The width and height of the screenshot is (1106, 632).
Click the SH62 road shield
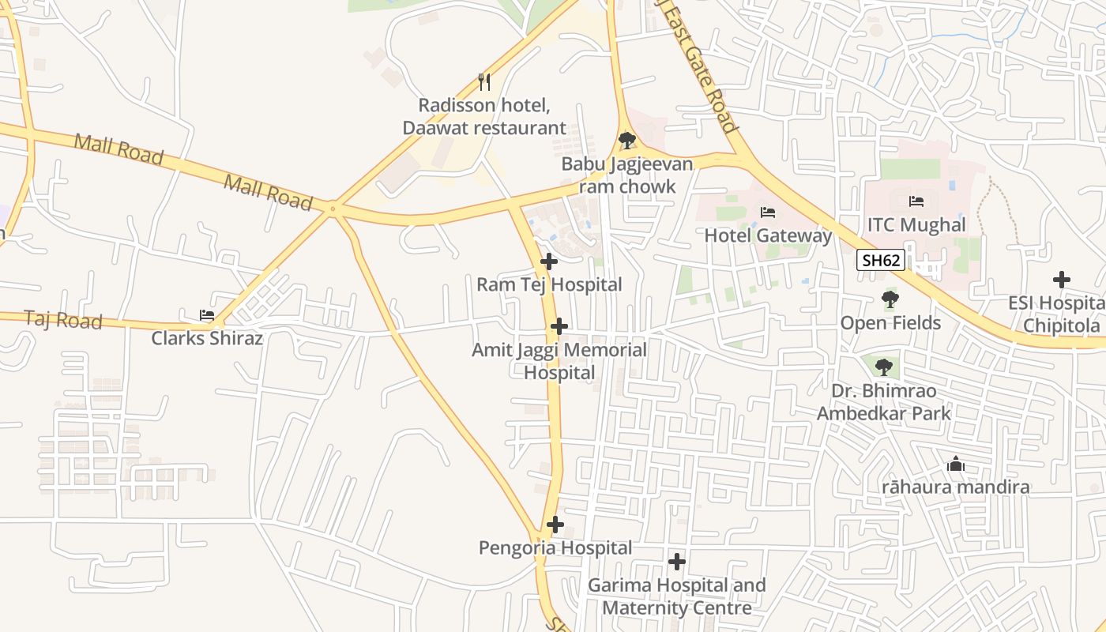[881, 260]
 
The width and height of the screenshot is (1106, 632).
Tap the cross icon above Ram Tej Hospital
[549, 261]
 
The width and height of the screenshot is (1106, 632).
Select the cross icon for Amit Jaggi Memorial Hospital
[559, 326]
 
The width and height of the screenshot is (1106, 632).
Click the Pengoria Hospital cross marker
[555, 525]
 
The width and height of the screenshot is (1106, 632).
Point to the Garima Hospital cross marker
[677, 562]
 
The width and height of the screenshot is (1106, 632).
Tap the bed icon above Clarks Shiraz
[207, 314]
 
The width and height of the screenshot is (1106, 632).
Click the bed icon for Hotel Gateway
[767, 212]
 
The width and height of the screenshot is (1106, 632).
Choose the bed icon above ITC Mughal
[916, 201]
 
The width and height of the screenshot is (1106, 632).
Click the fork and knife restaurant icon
[484, 81]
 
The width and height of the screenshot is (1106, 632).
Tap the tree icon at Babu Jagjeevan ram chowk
[627, 141]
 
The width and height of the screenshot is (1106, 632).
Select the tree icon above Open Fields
[890, 299]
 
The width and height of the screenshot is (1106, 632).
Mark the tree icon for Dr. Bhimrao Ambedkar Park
[884, 367]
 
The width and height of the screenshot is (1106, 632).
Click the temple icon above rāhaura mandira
[956, 464]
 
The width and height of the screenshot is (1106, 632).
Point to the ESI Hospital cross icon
[1062, 280]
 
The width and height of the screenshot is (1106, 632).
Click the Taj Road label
[63, 320]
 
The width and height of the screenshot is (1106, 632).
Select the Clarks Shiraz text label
[207, 338]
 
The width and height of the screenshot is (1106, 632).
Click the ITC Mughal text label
[916, 225]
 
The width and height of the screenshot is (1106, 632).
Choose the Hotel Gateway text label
[768, 235]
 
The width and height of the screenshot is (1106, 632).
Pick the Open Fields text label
[890, 323]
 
